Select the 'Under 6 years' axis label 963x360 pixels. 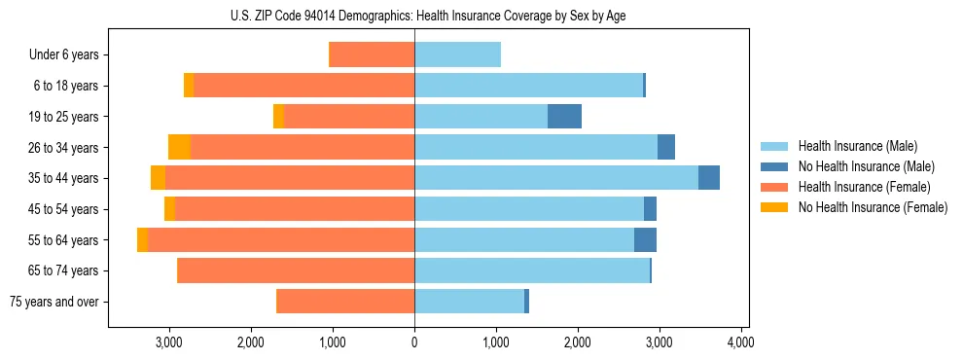[x=64, y=55]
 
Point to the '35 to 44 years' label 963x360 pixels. [x=64, y=178]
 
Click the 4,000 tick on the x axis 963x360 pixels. [x=741, y=342]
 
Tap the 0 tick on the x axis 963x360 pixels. [x=414, y=342]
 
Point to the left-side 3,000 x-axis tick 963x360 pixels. [x=169, y=342]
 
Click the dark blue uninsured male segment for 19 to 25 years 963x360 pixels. [x=564, y=117]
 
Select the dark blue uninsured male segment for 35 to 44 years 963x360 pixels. [x=709, y=178]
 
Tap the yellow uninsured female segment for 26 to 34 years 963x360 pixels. [x=179, y=147]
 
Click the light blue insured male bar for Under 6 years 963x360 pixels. [x=457, y=55]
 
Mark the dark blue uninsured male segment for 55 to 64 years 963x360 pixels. [x=645, y=240]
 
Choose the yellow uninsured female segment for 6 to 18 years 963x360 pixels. [x=189, y=86]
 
